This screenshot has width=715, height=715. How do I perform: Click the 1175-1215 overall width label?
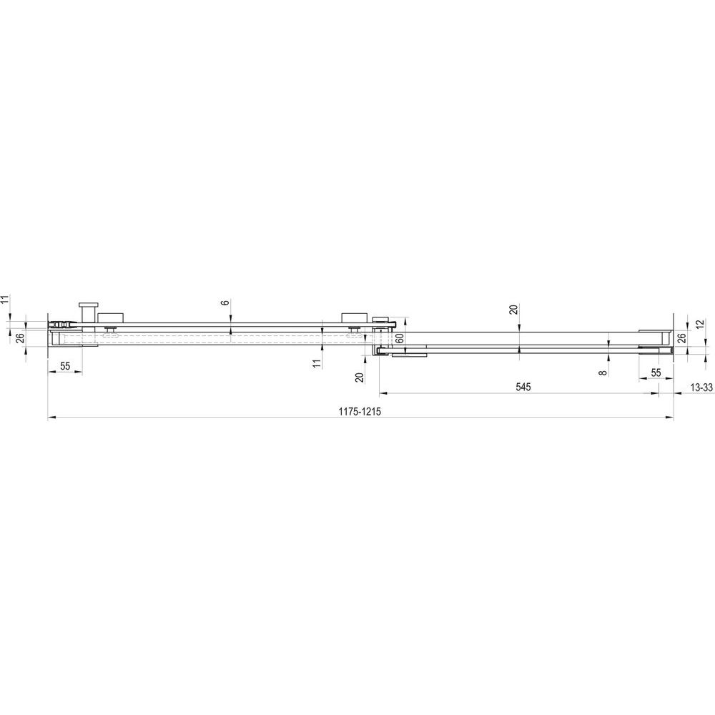point(360,411)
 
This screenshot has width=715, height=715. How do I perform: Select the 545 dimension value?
point(523,387)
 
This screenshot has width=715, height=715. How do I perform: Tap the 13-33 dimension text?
point(701,388)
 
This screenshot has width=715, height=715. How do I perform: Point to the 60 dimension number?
point(399,339)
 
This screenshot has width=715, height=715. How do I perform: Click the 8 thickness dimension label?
point(603,373)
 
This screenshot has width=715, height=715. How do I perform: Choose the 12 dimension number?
point(701,325)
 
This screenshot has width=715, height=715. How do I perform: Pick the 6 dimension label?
point(225,302)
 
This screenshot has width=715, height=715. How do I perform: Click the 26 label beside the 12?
point(681,338)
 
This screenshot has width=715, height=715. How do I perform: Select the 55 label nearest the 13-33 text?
point(656,372)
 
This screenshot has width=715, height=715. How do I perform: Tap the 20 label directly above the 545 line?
point(514,310)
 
